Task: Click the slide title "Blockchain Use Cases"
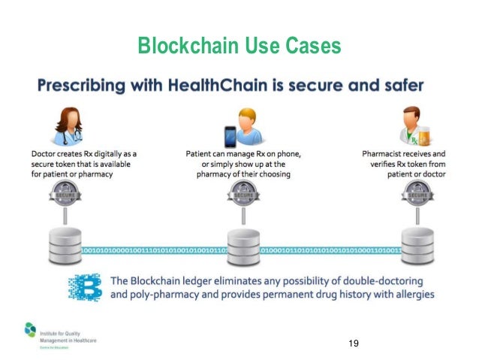click(239, 47)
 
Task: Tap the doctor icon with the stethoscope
click(64, 125)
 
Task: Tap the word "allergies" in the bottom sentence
click(410, 294)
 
